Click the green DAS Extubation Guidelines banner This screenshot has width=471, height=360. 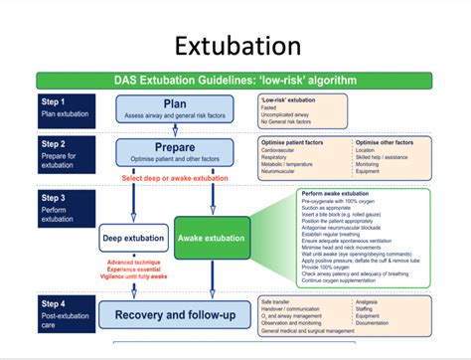tap(235, 81)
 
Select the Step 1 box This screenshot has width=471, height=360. tap(67, 106)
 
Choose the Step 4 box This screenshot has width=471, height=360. tap(67, 309)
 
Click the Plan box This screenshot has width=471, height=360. tap(175, 106)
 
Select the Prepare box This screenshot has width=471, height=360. tap(175, 151)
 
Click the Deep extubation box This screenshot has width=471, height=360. tap(132, 239)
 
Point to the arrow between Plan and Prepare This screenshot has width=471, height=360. tap(175, 128)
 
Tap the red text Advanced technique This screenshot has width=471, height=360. tap(132, 263)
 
